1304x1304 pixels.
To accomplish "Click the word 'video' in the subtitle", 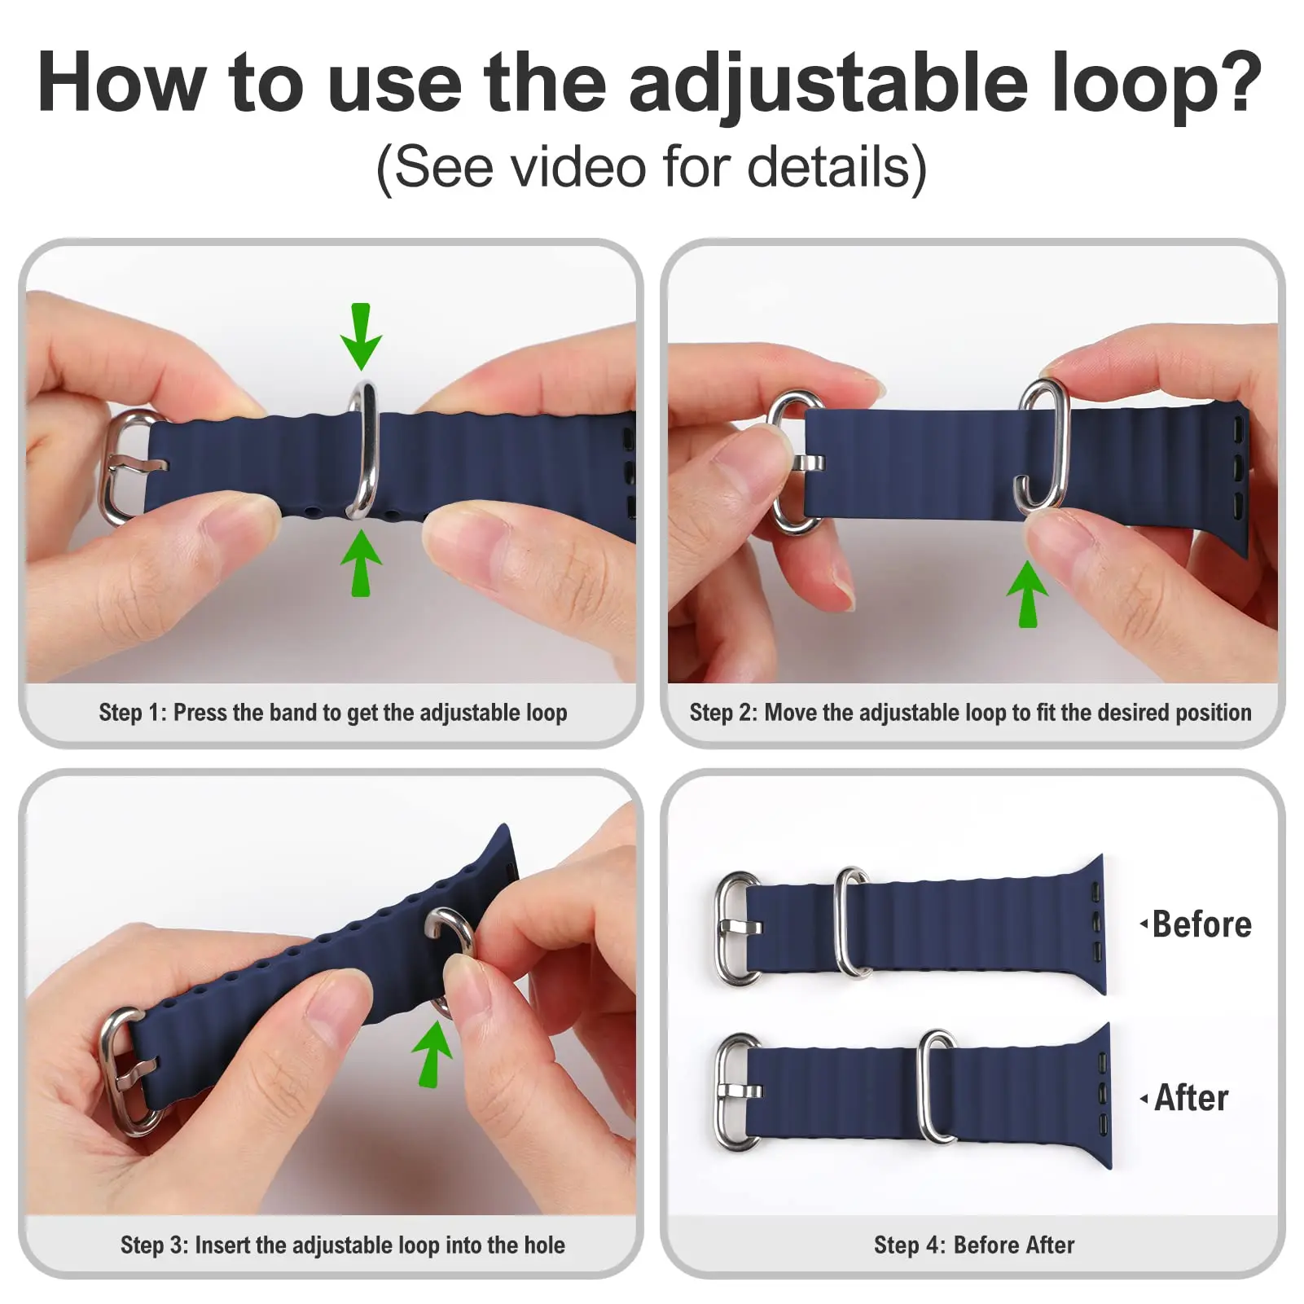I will click(579, 167).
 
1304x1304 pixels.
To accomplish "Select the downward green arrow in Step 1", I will click(361, 336).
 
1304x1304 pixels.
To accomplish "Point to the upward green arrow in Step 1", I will click(361, 564).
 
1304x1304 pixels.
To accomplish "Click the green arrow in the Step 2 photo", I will click(1028, 594).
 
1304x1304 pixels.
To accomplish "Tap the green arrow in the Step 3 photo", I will click(432, 1054).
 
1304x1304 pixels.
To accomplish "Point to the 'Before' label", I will click(1201, 924).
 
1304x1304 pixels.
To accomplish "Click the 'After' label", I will click(1191, 1098).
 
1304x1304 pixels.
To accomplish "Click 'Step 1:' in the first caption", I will click(132, 713).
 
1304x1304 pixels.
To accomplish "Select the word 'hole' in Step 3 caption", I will click(544, 1245).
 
